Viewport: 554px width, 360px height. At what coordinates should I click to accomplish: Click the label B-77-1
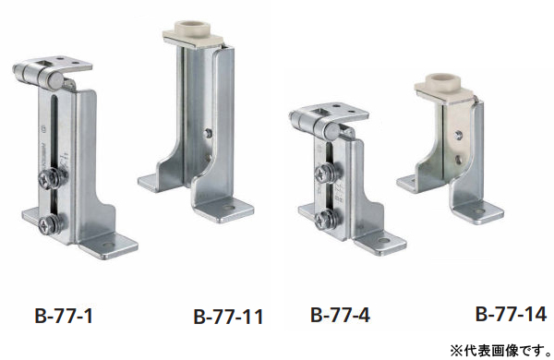coord(64,316)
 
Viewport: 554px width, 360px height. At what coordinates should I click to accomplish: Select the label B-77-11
coord(228,317)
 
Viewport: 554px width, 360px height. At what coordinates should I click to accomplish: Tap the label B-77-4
coord(340,315)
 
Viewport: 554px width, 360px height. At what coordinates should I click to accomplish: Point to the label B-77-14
coord(511,314)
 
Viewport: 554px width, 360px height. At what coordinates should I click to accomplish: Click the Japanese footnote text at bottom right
coord(500,351)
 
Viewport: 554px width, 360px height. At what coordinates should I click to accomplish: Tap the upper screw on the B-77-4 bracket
coord(328,174)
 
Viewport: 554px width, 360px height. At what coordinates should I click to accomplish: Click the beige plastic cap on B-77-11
coord(193,33)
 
